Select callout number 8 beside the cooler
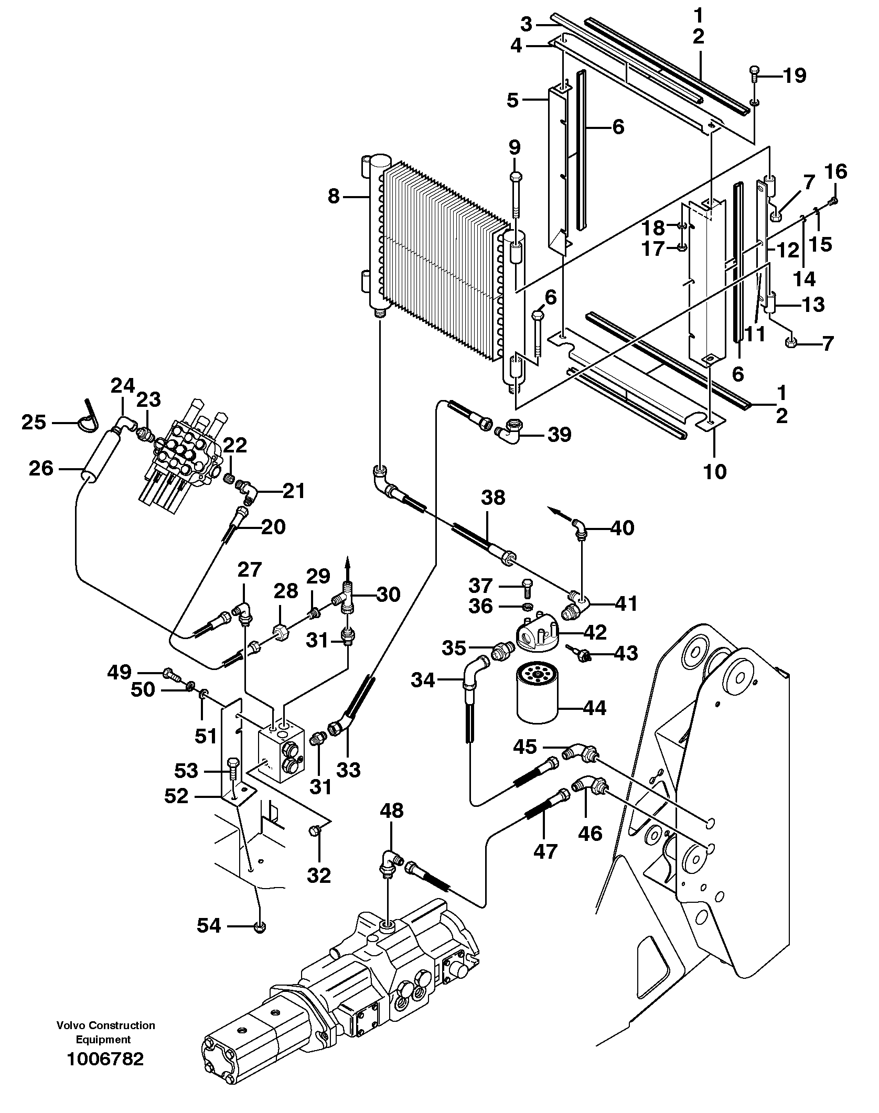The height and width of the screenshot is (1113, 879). [333, 197]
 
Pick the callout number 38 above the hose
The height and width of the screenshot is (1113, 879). [492, 497]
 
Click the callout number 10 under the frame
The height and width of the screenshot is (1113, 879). [715, 471]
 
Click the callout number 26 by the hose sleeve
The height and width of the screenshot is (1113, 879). [41, 468]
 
